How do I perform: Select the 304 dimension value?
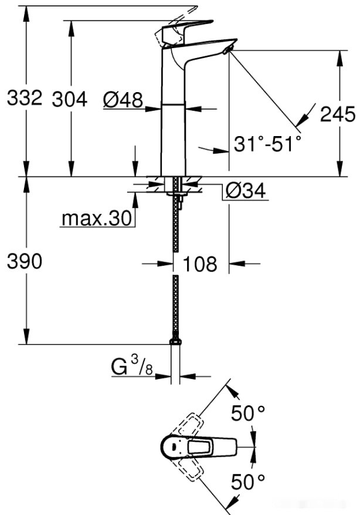(x=69, y=99)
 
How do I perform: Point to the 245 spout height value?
(x=337, y=114)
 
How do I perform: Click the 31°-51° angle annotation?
(x=267, y=144)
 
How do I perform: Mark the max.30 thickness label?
(x=96, y=219)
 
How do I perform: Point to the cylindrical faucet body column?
(x=173, y=135)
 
